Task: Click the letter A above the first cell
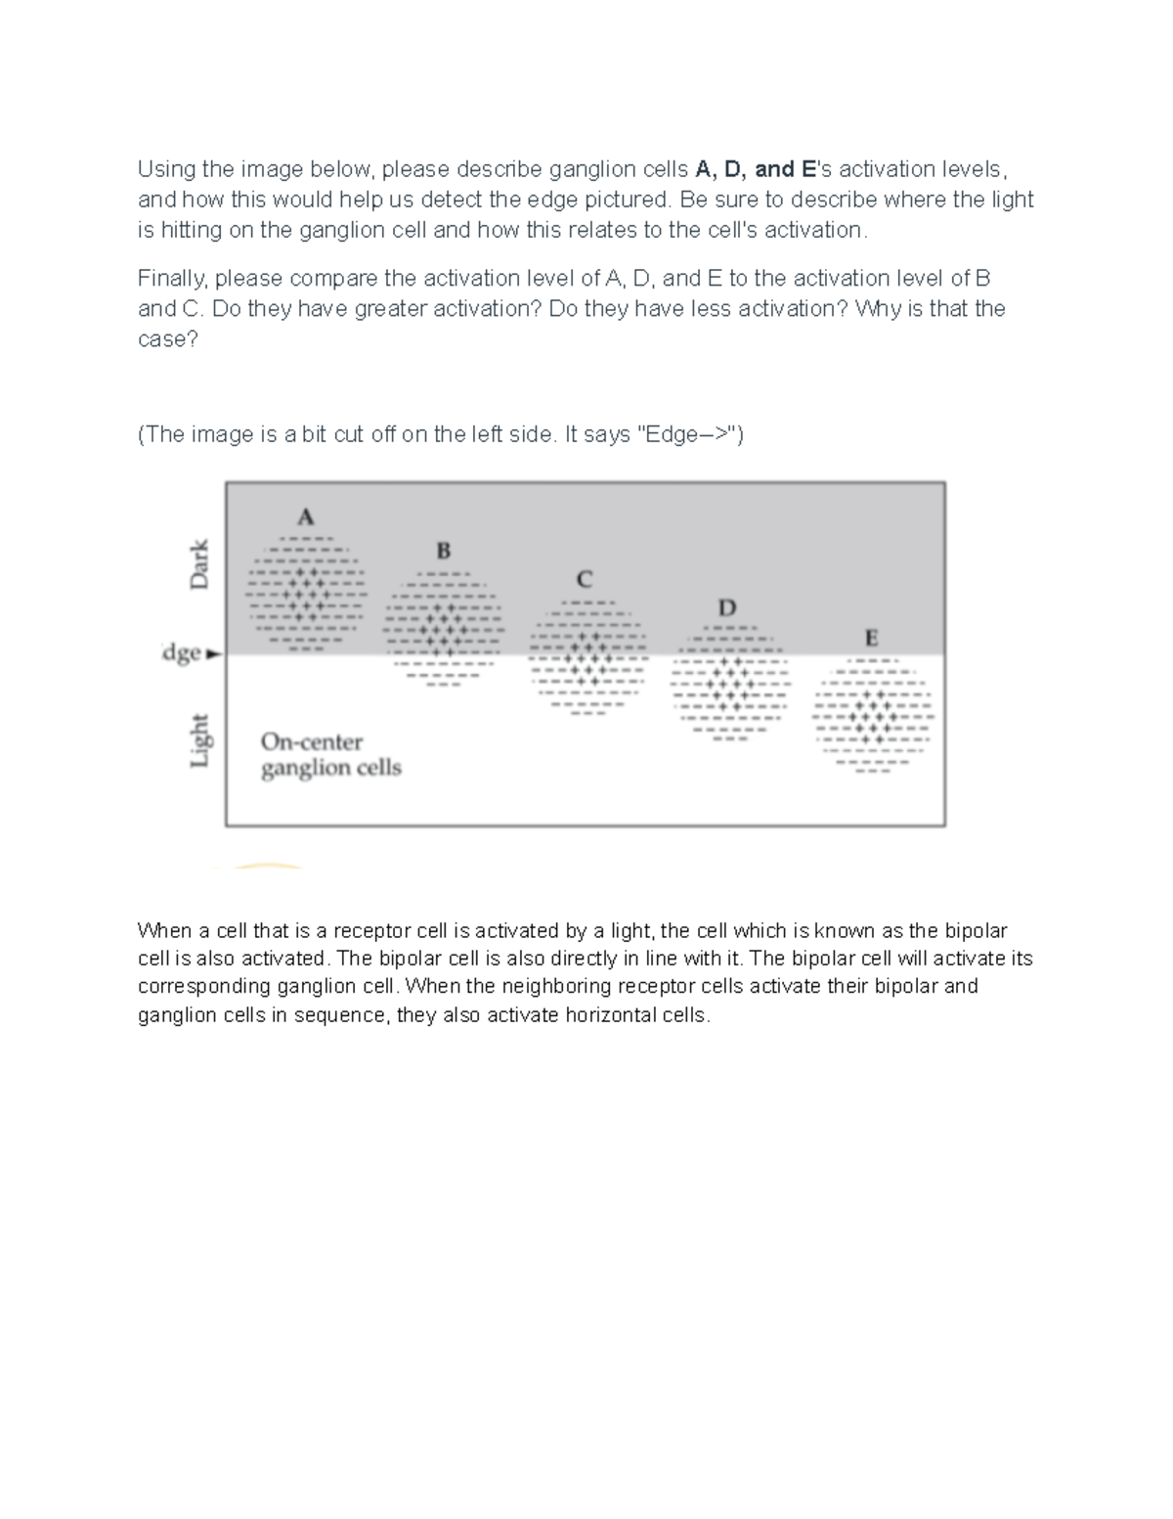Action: pos(306,516)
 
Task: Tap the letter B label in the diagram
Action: pos(443,551)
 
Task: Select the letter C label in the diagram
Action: pos(585,579)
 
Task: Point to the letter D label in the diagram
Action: pos(727,607)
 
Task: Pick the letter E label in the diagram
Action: pos(871,639)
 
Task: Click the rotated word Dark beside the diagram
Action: pos(199,564)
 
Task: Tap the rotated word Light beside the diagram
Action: pos(199,740)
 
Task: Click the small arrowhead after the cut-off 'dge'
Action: pos(215,654)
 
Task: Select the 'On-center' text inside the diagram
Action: pos(312,742)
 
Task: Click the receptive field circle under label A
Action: pos(306,593)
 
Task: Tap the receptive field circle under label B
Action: pos(443,627)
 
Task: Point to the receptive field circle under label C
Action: pos(586,657)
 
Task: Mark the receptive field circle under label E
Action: pos(872,716)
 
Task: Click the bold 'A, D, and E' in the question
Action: pos(756,169)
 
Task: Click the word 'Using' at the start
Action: pos(166,169)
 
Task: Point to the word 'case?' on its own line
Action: pos(167,339)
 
